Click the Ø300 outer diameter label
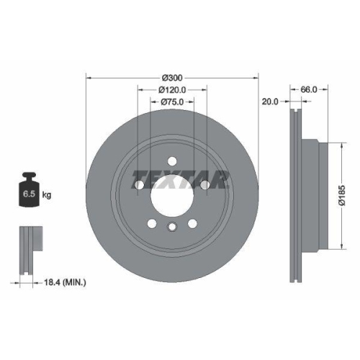171,76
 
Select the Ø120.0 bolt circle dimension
172,90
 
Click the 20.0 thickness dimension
270,102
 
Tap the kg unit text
47,195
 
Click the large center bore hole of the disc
171,195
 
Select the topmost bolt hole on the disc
171,161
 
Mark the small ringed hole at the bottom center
171,228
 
